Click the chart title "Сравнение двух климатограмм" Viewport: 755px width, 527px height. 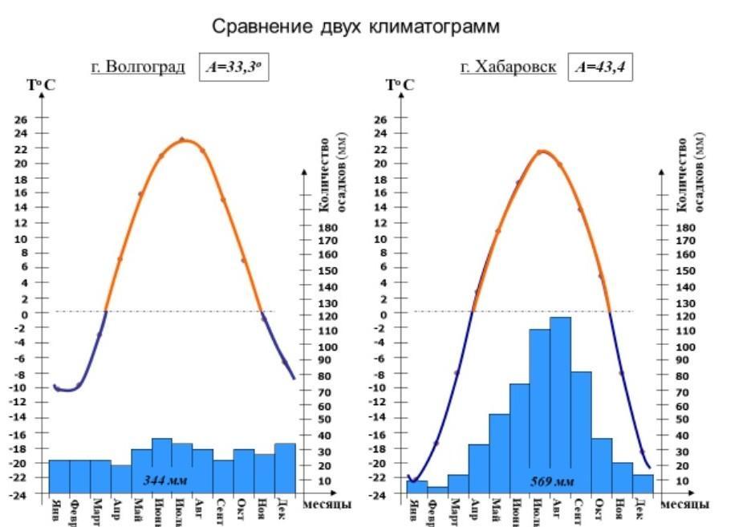(x=355, y=26)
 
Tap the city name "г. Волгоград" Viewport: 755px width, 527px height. (x=138, y=67)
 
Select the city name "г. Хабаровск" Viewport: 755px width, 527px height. (x=508, y=67)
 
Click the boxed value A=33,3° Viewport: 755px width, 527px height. (x=233, y=68)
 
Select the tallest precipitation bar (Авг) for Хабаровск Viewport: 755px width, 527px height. (x=560, y=401)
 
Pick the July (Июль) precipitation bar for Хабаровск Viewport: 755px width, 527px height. (x=539, y=409)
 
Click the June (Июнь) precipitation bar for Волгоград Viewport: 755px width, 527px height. (x=162, y=465)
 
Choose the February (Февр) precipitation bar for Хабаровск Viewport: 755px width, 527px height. (x=437, y=490)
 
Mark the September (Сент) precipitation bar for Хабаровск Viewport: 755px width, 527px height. (x=581, y=433)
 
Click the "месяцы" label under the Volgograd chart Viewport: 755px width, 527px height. (x=324, y=505)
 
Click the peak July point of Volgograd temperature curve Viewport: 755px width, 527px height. (x=182, y=140)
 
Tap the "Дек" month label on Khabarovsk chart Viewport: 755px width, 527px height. (x=640, y=511)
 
